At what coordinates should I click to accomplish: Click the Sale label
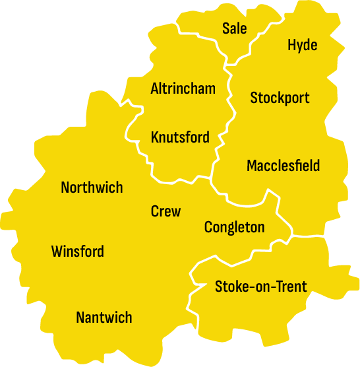pos(234,28)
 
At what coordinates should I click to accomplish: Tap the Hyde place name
pos(303,45)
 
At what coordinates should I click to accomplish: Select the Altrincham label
pos(183,88)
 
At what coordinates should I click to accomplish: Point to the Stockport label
pos(280,98)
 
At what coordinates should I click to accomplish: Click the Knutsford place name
pos(180,138)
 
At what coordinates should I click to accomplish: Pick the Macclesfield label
pos(283,166)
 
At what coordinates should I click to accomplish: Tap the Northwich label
pos(92,187)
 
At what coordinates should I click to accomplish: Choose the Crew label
pos(165,211)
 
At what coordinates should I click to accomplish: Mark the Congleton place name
pos(234,228)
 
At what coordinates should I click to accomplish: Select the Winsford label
pos(77,251)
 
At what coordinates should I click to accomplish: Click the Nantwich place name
pos(104,317)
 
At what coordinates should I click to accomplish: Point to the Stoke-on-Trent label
pos(260,286)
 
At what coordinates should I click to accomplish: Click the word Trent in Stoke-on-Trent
pos(292,286)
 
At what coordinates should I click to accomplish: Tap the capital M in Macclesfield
pos(251,166)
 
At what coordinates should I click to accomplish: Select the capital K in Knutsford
pos(155,138)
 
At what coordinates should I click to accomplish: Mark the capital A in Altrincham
pos(154,88)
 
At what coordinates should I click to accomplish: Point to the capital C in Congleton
pos(208,228)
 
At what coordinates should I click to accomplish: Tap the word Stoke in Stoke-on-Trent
pos(229,286)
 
